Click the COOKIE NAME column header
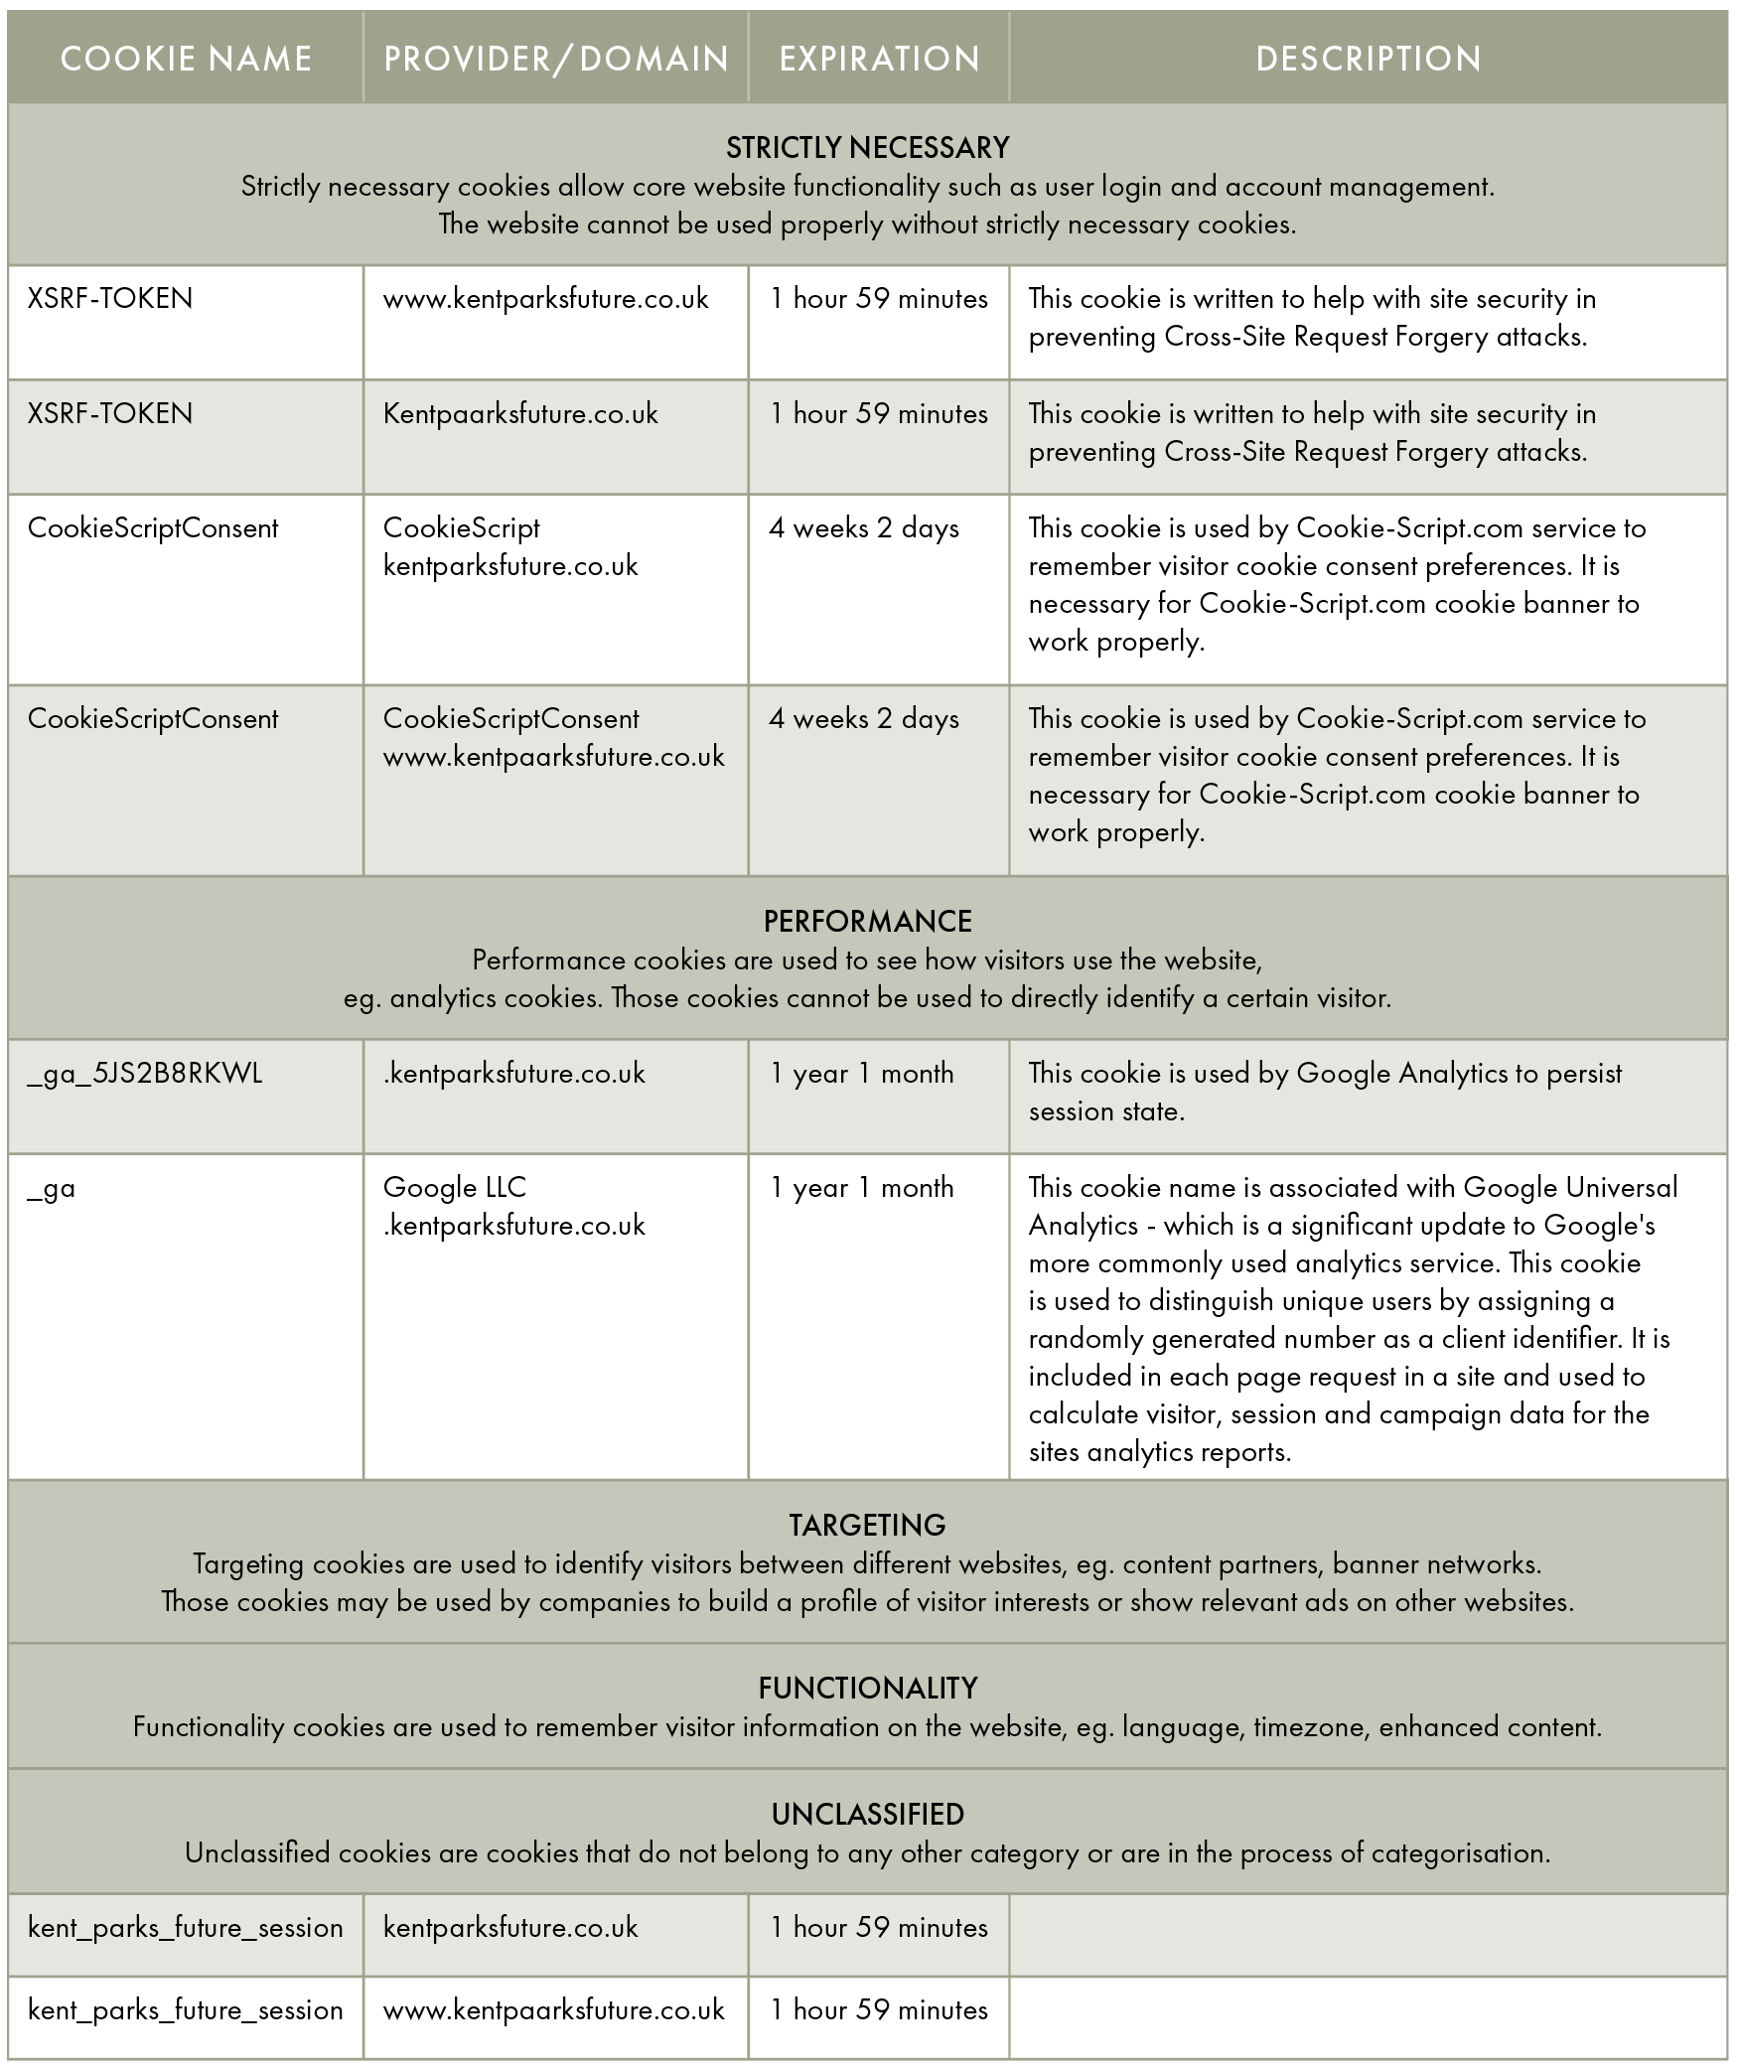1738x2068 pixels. point(186,59)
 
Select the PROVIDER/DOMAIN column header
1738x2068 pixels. point(556,59)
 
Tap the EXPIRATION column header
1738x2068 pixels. point(879,59)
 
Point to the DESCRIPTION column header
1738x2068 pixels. point(1368,59)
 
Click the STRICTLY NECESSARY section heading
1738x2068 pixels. point(867,148)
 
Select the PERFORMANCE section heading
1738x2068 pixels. point(867,922)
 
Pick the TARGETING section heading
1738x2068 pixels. point(867,1526)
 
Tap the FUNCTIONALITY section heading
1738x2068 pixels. point(867,1689)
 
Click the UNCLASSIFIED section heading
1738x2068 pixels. point(867,1815)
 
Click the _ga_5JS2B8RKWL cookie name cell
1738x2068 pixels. point(145,1074)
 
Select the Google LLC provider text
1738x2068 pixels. point(455,1188)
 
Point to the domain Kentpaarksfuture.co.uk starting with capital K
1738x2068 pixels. point(520,414)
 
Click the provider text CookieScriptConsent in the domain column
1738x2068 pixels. point(510,719)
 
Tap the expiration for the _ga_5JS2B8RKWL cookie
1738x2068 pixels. point(862,1074)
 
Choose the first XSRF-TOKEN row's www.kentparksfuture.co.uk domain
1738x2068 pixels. point(545,299)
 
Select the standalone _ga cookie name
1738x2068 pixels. point(52,1189)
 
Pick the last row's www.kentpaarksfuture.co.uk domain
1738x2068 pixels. point(553,2010)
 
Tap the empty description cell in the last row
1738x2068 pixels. point(1368,2015)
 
